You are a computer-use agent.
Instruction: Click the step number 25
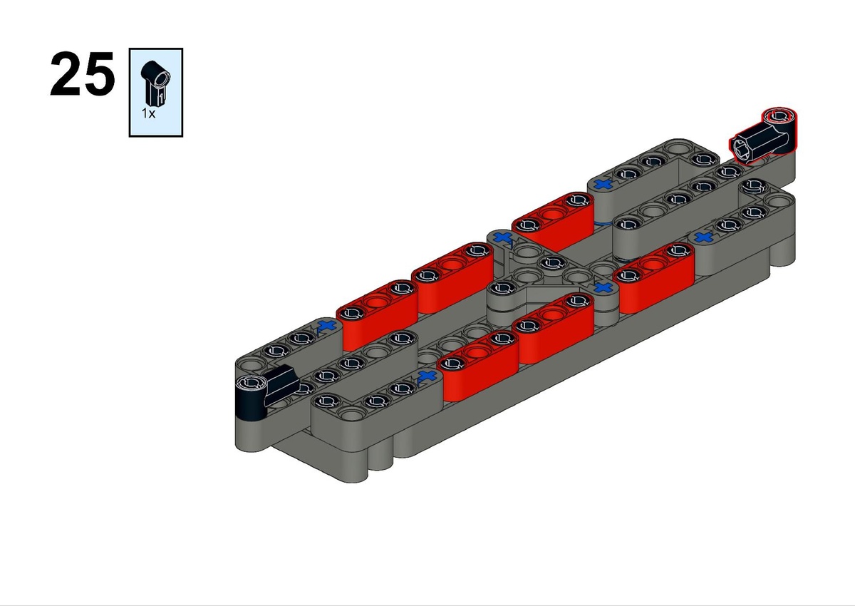coord(83,73)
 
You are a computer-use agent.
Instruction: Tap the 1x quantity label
coord(148,113)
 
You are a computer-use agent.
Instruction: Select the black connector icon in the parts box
coord(155,83)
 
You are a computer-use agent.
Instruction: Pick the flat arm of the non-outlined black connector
coord(281,384)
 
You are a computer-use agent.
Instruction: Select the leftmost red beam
coord(377,315)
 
